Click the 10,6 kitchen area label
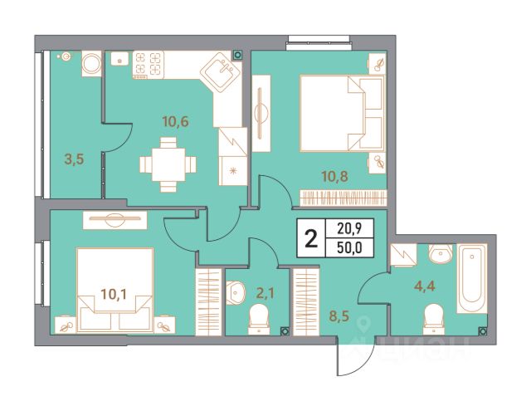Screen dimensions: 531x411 [175, 121]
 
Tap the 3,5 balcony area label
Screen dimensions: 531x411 [74, 159]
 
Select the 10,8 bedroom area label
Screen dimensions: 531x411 [334, 176]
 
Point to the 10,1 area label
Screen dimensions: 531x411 [114, 294]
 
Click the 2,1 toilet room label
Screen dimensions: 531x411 [265, 293]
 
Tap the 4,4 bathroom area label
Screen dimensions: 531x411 [425, 286]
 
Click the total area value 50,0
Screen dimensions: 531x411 [349, 248]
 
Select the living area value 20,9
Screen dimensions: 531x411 [349, 229]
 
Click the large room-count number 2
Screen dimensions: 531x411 [311, 238]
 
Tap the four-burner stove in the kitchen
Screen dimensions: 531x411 [148, 65]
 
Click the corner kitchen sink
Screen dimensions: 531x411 [221, 72]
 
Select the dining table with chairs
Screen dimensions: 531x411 [168, 164]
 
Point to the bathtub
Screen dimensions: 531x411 [472, 278]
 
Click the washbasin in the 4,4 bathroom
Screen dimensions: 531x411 [441, 253]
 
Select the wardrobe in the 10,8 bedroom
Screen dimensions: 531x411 [343, 198]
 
